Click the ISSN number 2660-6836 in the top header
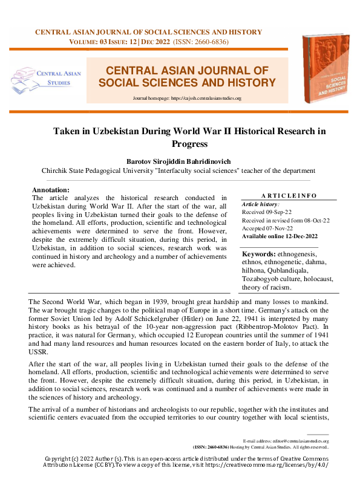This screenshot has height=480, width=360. click(x=209, y=42)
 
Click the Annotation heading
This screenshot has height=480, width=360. click(x=50, y=189)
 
